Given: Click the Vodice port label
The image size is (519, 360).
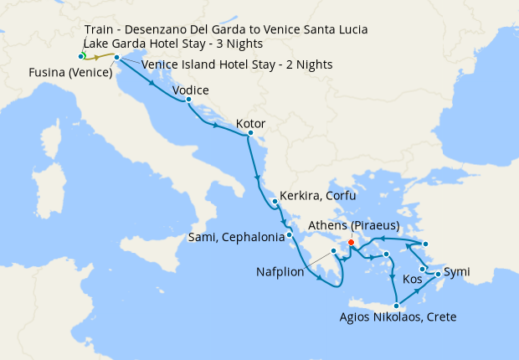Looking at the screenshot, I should coord(189,90).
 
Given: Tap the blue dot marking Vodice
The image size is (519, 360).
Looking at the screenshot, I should coord(188,100).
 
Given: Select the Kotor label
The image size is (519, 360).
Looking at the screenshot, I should coord(250,124).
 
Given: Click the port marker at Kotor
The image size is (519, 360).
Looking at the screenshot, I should coord(249,133).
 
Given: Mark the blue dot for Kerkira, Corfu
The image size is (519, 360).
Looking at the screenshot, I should coord(275,202).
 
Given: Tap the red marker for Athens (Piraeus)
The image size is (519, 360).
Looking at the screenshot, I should coord(351,243).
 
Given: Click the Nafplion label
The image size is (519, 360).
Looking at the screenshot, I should coord(281,272).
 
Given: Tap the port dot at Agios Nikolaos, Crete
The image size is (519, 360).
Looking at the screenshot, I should coord(396,306).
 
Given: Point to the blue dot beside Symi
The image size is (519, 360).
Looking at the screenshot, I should coord(438,274).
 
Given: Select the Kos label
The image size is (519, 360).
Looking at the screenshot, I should coord(413,278).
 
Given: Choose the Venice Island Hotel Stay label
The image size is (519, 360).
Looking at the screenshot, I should coord(237,64).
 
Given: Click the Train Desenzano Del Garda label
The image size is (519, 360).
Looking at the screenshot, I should coord(226,29).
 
